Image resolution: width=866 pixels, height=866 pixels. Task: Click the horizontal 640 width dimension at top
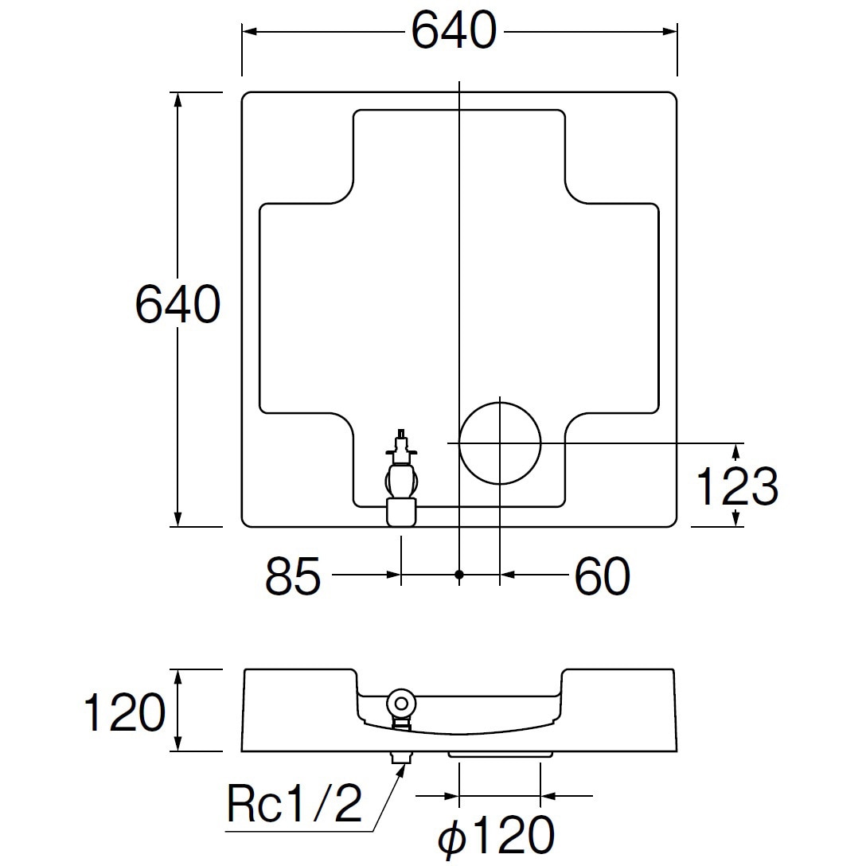coord(454,32)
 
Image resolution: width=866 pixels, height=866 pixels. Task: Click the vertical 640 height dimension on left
coord(177,305)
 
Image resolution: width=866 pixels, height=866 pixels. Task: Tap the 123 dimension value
coord(736,486)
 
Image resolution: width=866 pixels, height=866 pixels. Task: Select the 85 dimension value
coord(293,576)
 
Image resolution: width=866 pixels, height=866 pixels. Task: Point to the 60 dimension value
coord(602,576)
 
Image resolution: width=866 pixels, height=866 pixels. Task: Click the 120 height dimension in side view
coord(124,712)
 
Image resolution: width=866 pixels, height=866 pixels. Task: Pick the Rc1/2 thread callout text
coord(295,805)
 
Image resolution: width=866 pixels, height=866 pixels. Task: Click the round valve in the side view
coord(400,704)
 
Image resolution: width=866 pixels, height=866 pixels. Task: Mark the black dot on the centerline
coord(459,574)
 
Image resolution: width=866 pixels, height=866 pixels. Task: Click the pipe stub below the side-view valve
coord(400,757)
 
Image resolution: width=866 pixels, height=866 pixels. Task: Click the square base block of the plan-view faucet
coord(401,512)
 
